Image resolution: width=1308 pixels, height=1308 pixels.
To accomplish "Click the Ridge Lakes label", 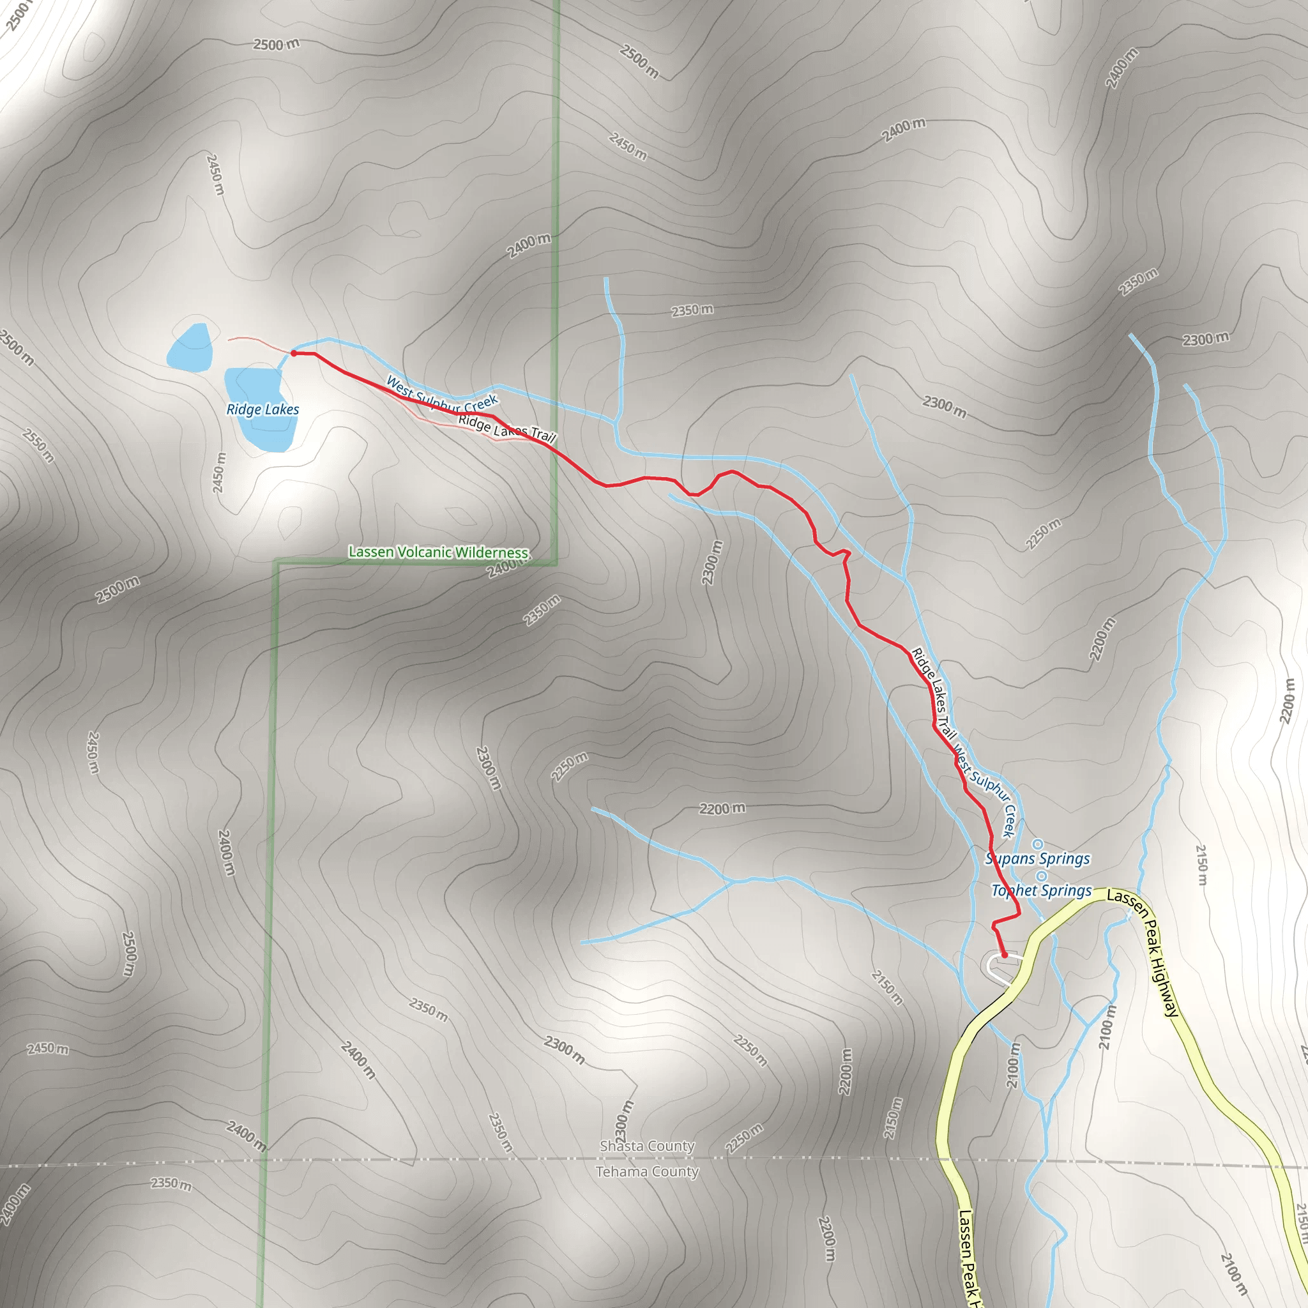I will (262, 409).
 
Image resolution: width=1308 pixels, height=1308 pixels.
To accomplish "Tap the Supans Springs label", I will (1037, 858).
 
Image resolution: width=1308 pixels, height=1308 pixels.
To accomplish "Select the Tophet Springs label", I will (1041, 890).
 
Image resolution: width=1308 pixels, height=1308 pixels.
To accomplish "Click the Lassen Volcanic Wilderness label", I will (438, 552).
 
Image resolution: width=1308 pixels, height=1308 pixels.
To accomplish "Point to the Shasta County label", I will (646, 1146).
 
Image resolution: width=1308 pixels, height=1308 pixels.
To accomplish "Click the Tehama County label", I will (646, 1171).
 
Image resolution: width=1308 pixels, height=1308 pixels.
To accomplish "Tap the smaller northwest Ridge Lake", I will (190, 348).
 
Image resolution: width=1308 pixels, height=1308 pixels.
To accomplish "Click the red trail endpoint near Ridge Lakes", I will (294, 353).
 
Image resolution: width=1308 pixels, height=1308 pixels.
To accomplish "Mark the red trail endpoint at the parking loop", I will (1005, 955).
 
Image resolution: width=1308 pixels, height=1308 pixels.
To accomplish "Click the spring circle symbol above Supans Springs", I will (1037, 844).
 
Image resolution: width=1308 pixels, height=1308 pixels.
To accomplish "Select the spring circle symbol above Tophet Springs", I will (1042, 877).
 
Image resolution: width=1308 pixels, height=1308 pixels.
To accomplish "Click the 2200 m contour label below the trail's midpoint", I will (722, 809).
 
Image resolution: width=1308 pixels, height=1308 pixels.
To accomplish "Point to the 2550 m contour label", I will (38, 445).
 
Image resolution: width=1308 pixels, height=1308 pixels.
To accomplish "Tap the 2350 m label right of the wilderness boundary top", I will (692, 310).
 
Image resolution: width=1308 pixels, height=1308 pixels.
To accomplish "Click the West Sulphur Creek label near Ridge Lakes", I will (442, 395).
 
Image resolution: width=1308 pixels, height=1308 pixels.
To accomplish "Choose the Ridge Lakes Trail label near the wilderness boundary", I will (506, 428).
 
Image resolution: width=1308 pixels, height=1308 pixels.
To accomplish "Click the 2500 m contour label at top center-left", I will (276, 45).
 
